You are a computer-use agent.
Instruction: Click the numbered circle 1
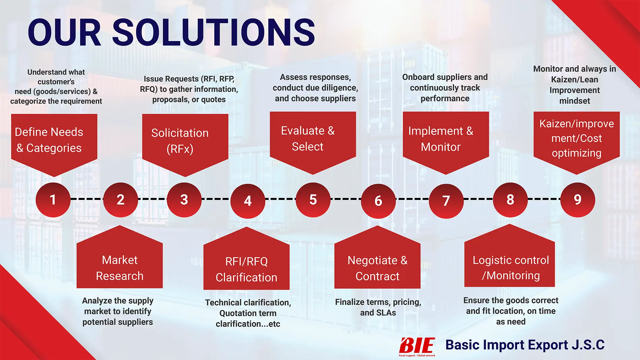[x=53, y=200]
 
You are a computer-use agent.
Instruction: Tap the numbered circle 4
[x=248, y=201]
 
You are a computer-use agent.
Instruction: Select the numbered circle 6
[x=378, y=201]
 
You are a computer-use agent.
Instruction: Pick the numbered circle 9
[x=578, y=200]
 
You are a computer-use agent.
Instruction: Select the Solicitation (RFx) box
[x=185, y=145]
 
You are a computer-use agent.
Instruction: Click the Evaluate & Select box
[x=313, y=143]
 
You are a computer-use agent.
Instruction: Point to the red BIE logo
[x=417, y=347]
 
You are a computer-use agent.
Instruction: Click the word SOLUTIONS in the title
[x=214, y=32]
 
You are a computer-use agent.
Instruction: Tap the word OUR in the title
[x=64, y=32]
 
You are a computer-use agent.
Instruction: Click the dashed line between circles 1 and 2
[x=87, y=199]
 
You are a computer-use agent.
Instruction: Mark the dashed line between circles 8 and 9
[x=544, y=199]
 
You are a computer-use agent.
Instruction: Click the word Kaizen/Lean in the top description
[x=575, y=79]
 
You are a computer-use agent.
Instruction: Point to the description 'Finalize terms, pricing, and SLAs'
[x=378, y=307]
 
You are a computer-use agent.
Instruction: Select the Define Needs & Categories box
[x=54, y=145]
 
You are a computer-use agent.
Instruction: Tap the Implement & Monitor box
[x=446, y=143]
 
